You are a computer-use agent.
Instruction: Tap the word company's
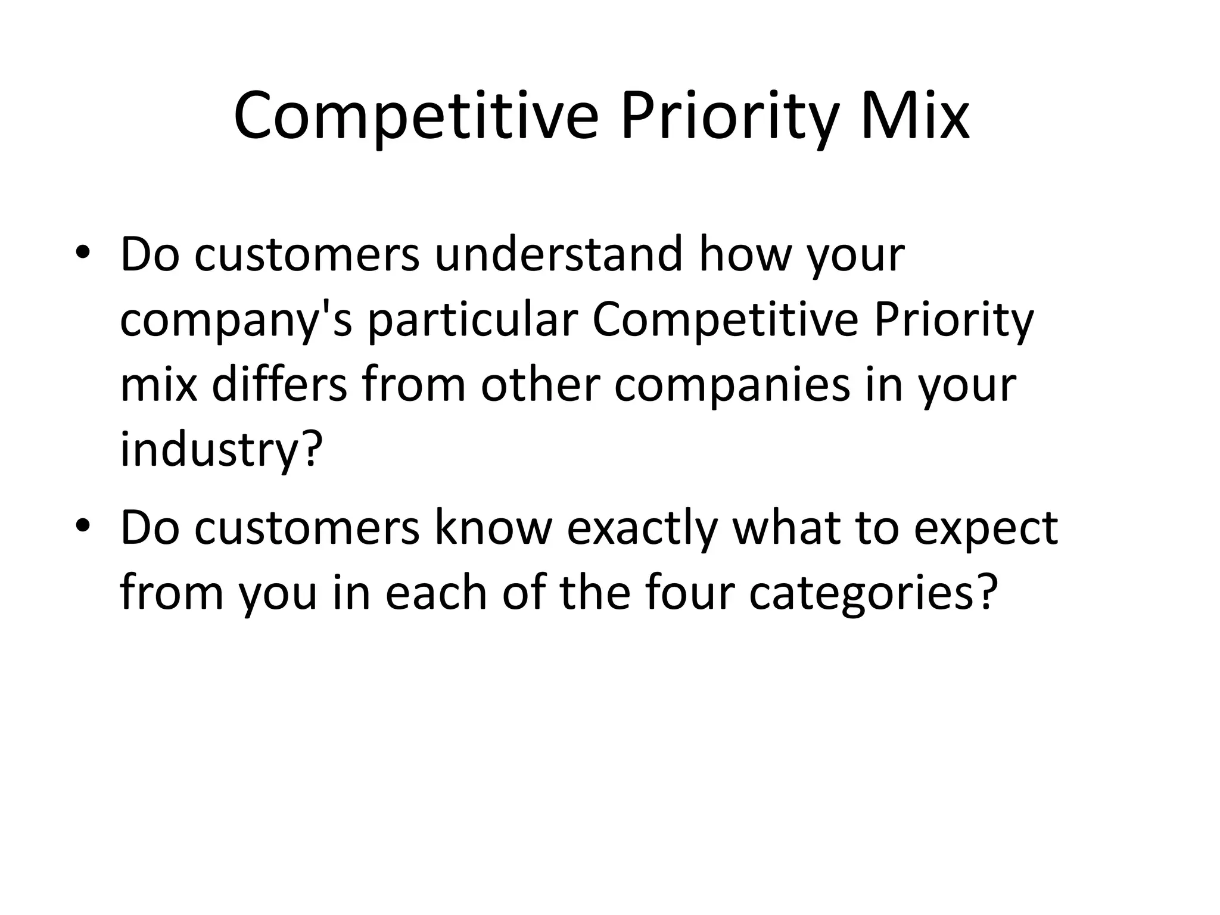(236, 320)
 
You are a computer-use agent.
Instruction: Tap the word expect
(986, 529)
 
